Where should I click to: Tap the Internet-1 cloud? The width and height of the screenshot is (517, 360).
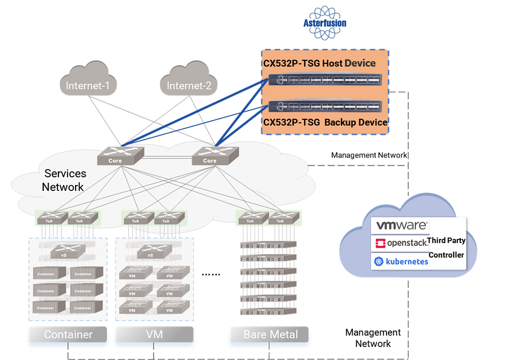pos(88,86)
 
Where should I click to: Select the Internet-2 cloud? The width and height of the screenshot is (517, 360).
pos(188,86)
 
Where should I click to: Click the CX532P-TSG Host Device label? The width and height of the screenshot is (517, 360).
pos(318,63)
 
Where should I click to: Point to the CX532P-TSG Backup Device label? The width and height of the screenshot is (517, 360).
pos(325,122)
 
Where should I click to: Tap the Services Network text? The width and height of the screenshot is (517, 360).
pos(65,180)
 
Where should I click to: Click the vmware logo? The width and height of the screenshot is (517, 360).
pos(402,225)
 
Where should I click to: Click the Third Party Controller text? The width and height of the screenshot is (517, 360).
pos(446,248)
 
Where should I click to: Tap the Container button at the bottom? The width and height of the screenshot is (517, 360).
pos(68,335)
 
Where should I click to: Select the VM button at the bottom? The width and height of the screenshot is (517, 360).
pos(154,335)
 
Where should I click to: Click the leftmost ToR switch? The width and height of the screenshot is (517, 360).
pos(50,218)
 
